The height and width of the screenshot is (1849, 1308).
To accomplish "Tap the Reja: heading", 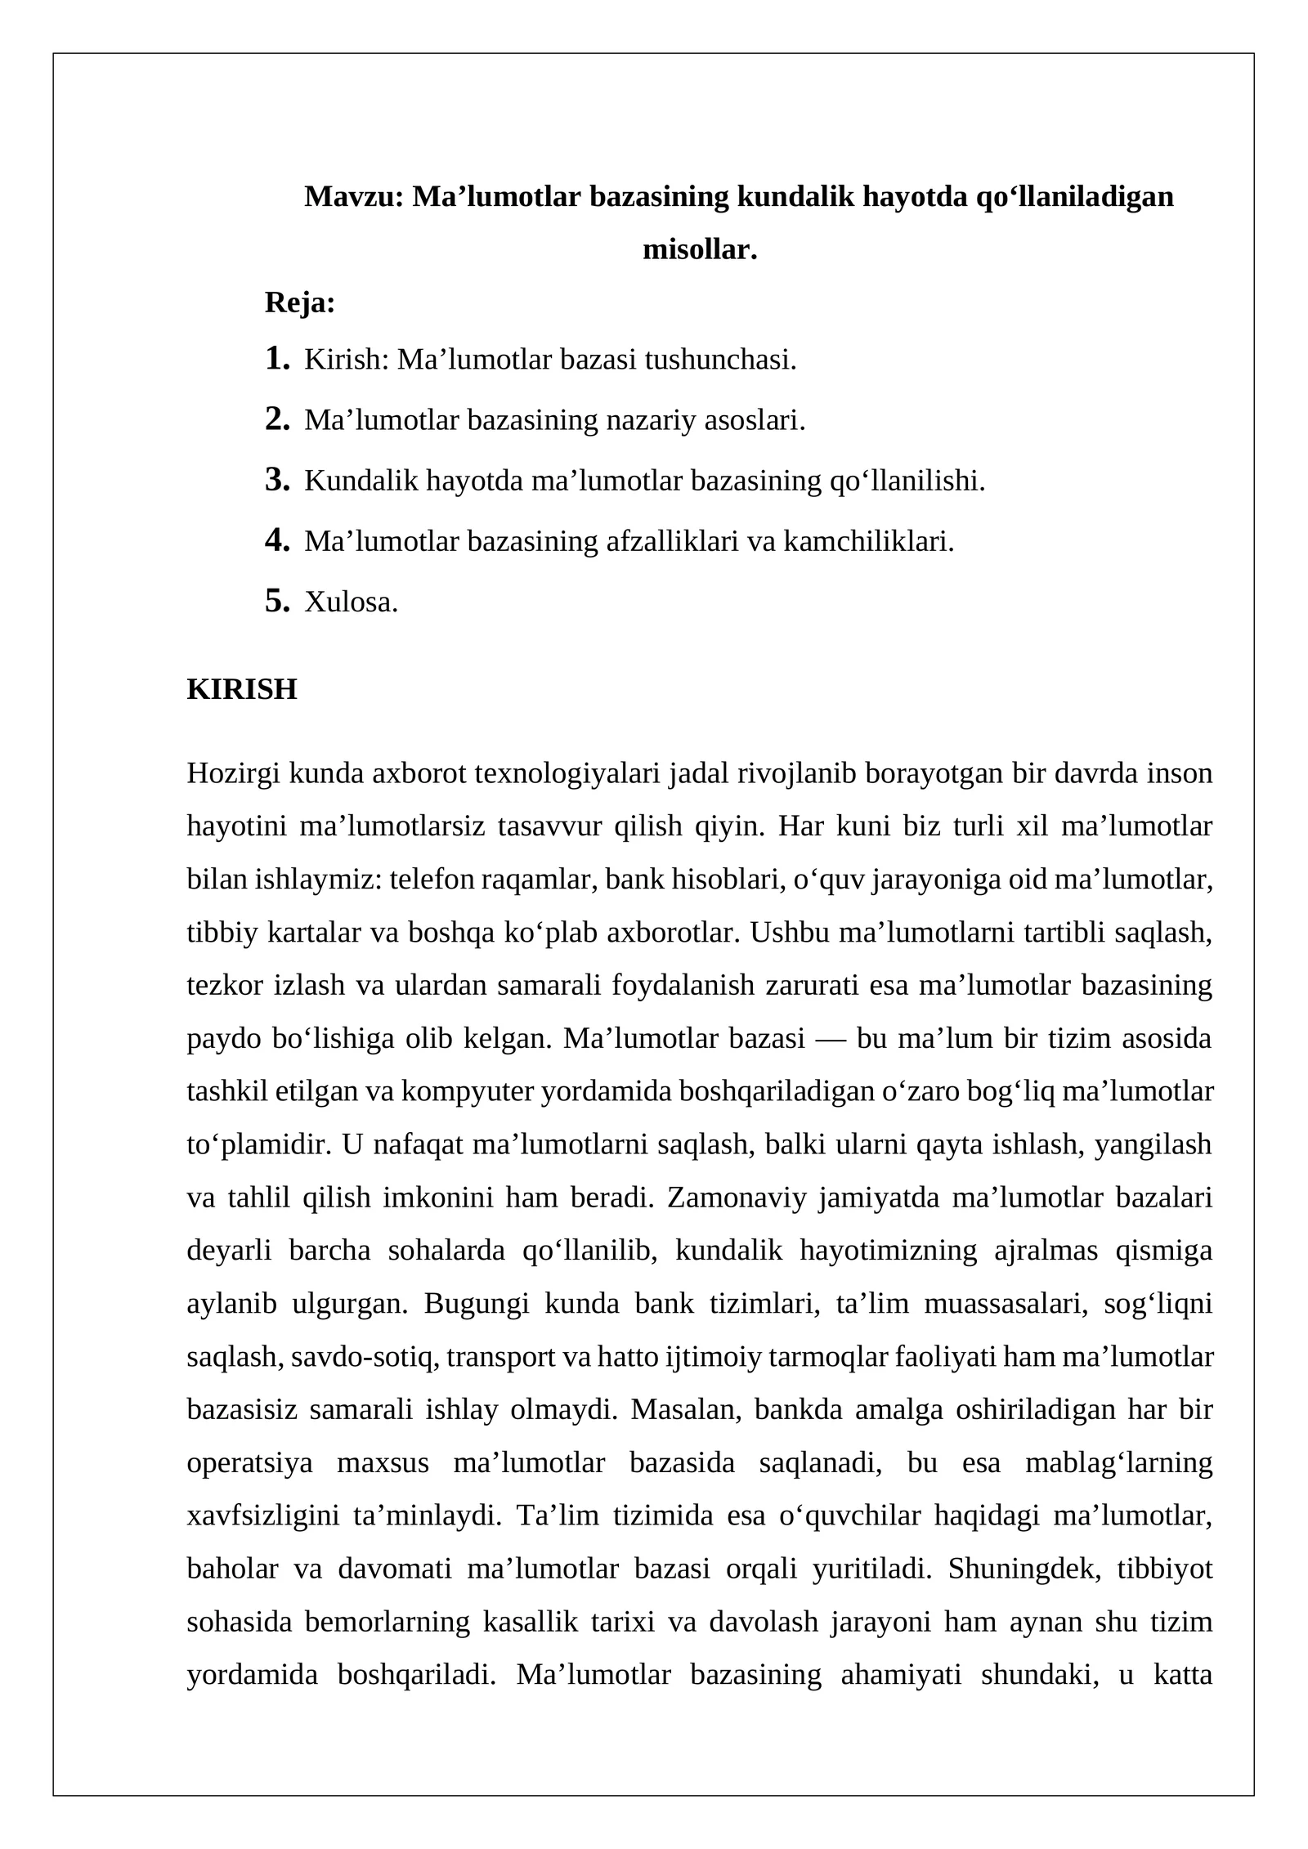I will [x=300, y=302].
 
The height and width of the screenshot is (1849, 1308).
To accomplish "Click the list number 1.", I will [x=277, y=358].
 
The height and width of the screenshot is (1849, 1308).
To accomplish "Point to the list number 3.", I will [x=277, y=480].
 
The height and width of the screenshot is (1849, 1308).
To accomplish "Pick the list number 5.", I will [x=277, y=601].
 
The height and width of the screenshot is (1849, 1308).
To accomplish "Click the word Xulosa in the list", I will [x=351, y=602].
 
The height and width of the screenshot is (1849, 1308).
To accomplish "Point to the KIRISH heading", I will [x=242, y=689].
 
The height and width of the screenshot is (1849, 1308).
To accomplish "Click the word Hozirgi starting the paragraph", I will [x=233, y=773].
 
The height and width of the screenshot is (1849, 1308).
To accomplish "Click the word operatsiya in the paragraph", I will [x=249, y=1463].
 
